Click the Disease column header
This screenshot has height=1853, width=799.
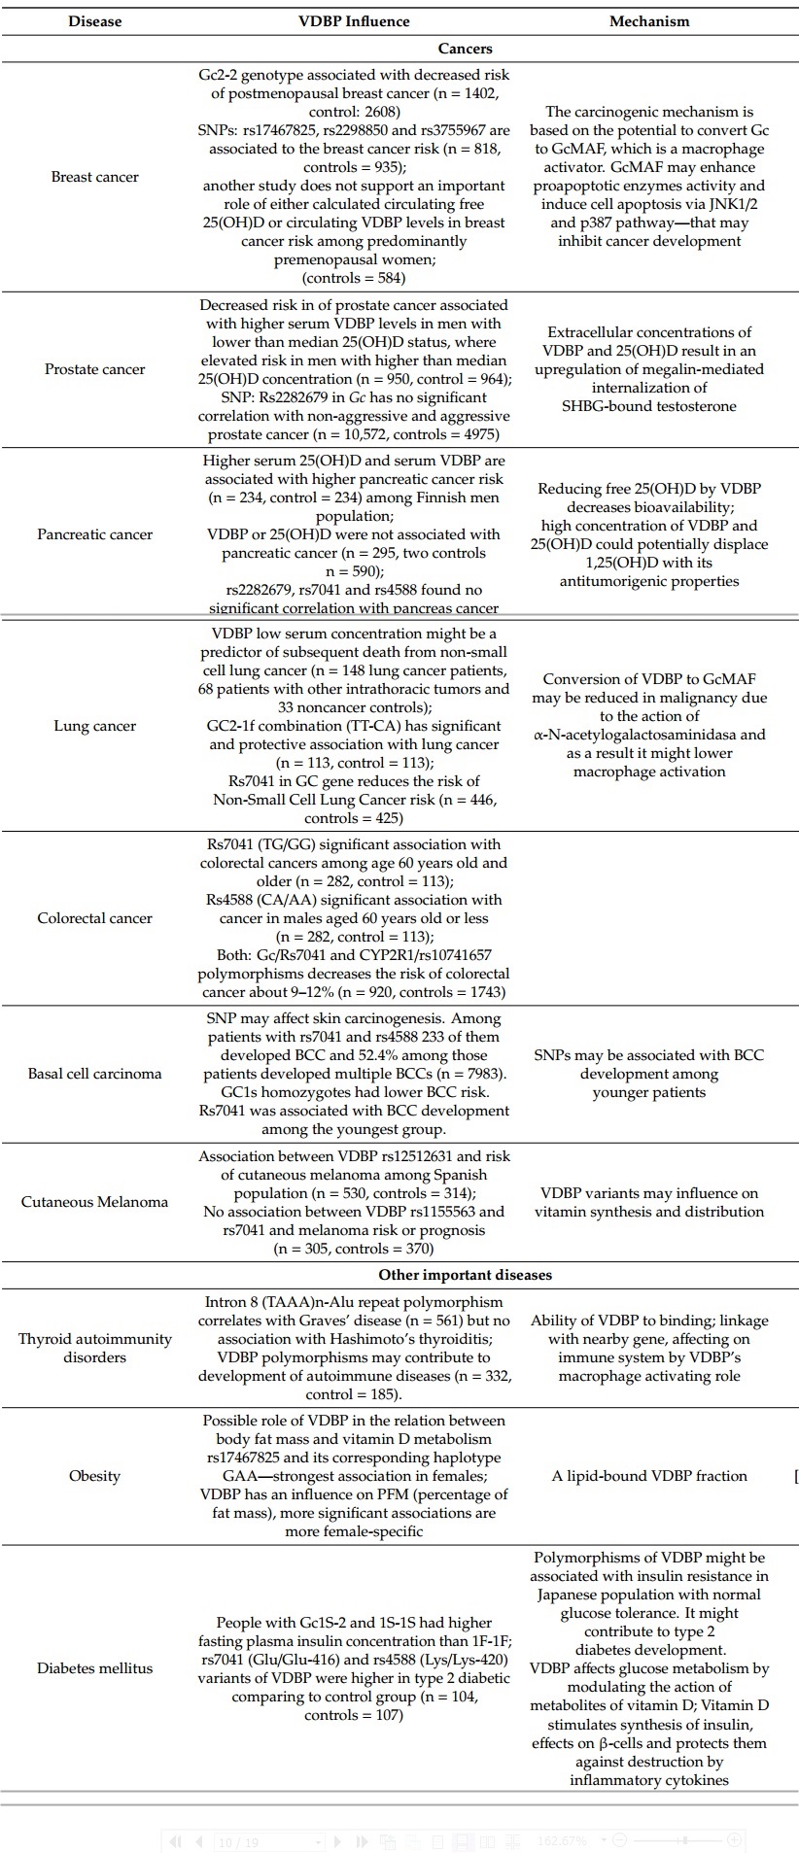click(94, 21)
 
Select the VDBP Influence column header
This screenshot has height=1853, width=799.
click(354, 21)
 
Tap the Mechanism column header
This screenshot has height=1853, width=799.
click(648, 21)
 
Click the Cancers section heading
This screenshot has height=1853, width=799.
click(465, 49)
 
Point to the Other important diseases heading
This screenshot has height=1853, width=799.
click(465, 1275)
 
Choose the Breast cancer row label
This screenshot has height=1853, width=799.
click(94, 177)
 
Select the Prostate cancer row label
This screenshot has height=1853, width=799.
click(94, 369)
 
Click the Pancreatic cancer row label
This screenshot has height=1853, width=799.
click(94, 534)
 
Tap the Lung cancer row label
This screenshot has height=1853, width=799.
click(94, 726)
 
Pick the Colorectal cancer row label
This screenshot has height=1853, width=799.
click(94, 918)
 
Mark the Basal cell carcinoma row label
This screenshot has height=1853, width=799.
click(94, 1074)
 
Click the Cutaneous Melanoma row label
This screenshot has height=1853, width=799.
click(94, 1202)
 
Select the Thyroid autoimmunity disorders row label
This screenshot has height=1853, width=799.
click(94, 1348)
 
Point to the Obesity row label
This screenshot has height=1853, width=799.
click(94, 1476)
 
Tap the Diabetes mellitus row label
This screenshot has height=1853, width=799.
click(94, 1668)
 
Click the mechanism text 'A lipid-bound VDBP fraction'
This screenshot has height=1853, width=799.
click(649, 1476)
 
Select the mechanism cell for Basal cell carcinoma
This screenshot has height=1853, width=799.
click(648, 1074)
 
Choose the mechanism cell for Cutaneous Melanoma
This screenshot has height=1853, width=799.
click(648, 1202)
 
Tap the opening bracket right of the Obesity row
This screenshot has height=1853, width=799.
click(796, 1477)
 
